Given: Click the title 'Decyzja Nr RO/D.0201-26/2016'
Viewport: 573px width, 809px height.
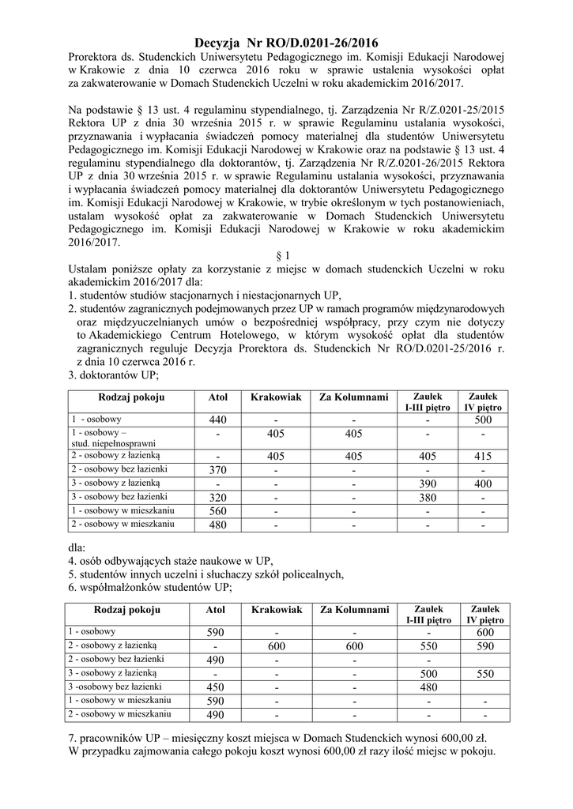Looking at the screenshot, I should [x=286, y=43].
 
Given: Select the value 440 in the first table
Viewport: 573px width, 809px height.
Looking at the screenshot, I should [x=217, y=419].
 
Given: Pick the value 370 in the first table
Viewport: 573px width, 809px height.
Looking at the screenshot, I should [x=217, y=470].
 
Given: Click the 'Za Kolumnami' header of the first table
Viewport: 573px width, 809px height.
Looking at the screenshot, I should [x=354, y=397].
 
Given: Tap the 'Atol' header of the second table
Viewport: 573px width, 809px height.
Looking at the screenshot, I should [x=216, y=610].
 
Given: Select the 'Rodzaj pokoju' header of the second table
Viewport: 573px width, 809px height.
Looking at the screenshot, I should [x=127, y=610].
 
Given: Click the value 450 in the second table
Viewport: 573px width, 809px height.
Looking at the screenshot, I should [x=216, y=687].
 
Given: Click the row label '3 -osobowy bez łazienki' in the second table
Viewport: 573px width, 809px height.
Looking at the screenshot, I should [x=117, y=686].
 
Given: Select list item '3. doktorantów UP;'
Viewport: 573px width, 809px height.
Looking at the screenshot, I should [x=114, y=375].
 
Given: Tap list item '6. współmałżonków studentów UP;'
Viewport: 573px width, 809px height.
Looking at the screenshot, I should [x=149, y=586].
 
